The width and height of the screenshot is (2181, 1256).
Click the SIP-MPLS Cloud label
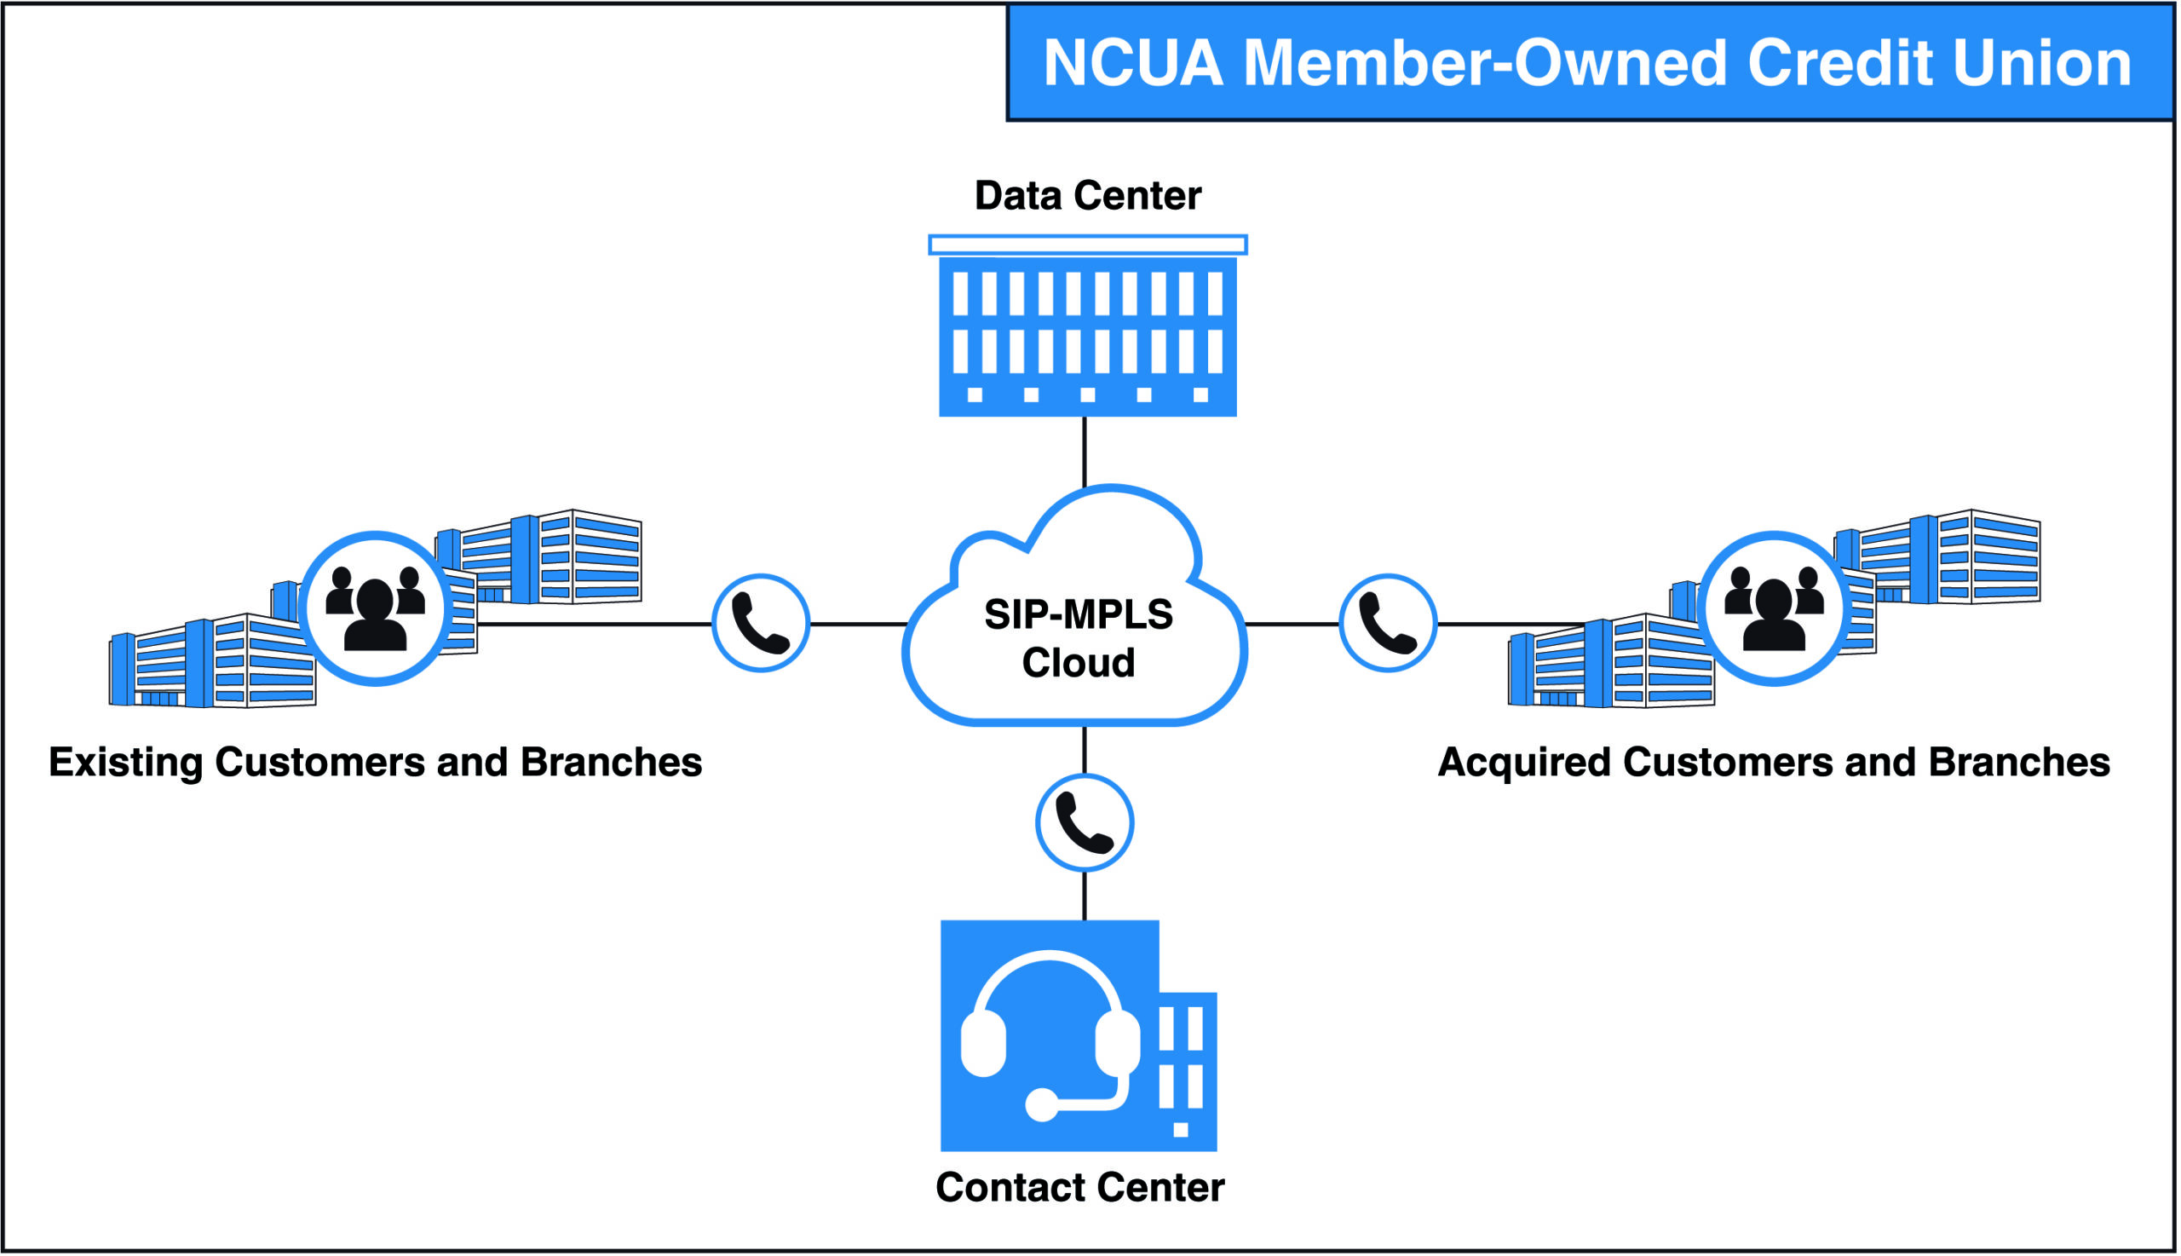[x=1078, y=638]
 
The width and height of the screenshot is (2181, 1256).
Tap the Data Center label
[x=1086, y=196]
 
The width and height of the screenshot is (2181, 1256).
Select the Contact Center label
[x=1079, y=1188]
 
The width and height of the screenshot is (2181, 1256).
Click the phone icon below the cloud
[x=1084, y=823]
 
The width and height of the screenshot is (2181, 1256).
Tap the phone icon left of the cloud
[x=761, y=623]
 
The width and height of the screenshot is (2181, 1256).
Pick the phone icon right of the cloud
[x=1388, y=623]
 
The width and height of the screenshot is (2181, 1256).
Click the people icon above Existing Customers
[x=375, y=609]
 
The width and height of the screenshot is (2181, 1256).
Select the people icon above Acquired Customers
[x=1774, y=609]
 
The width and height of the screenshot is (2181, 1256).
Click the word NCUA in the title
[x=1133, y=64]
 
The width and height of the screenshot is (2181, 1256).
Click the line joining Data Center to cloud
[x=1084, y=452]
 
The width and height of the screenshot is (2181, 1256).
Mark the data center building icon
[x=1087, y=337]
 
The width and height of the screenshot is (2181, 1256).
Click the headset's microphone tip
[x=1042, y=1105]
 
